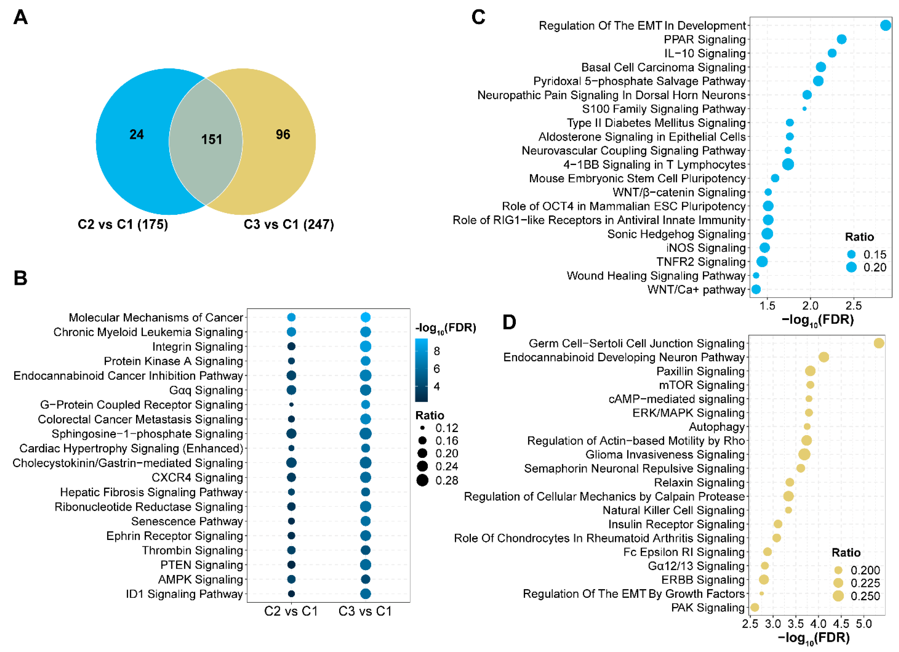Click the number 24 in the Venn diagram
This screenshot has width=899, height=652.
tap(136, 134)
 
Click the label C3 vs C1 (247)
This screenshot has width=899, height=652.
tap(289, 224)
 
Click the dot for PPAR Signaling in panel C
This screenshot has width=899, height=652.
tap(841, 39)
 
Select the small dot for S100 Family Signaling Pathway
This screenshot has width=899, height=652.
tap(804, 109)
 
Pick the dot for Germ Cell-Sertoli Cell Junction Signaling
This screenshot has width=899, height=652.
tap(879, 343)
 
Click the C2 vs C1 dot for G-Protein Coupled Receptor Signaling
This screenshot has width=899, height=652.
tap(291, 405)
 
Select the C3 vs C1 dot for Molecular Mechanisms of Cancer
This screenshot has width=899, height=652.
tap(366, 317)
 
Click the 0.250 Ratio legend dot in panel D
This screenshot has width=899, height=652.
tap(838, 596)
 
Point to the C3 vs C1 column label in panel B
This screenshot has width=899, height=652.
tap(365, 611)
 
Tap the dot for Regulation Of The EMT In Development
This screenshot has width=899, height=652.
tap(885, 25)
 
